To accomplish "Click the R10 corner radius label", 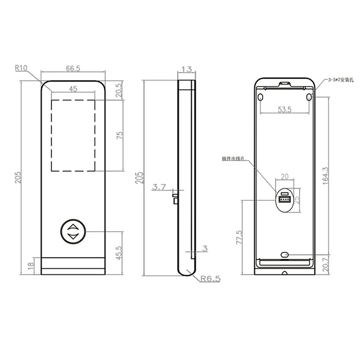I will (21, 68).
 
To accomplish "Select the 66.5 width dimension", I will (73, 69).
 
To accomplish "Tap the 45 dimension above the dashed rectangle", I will (73, 89).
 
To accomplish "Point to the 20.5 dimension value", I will (118, 89).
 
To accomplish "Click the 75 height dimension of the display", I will (118, 135).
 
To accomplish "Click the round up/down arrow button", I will (73, 232).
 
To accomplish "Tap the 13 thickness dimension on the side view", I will (186, 69).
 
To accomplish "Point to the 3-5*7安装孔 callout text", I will (340, 80).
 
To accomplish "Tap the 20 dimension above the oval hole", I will (284, 177).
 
